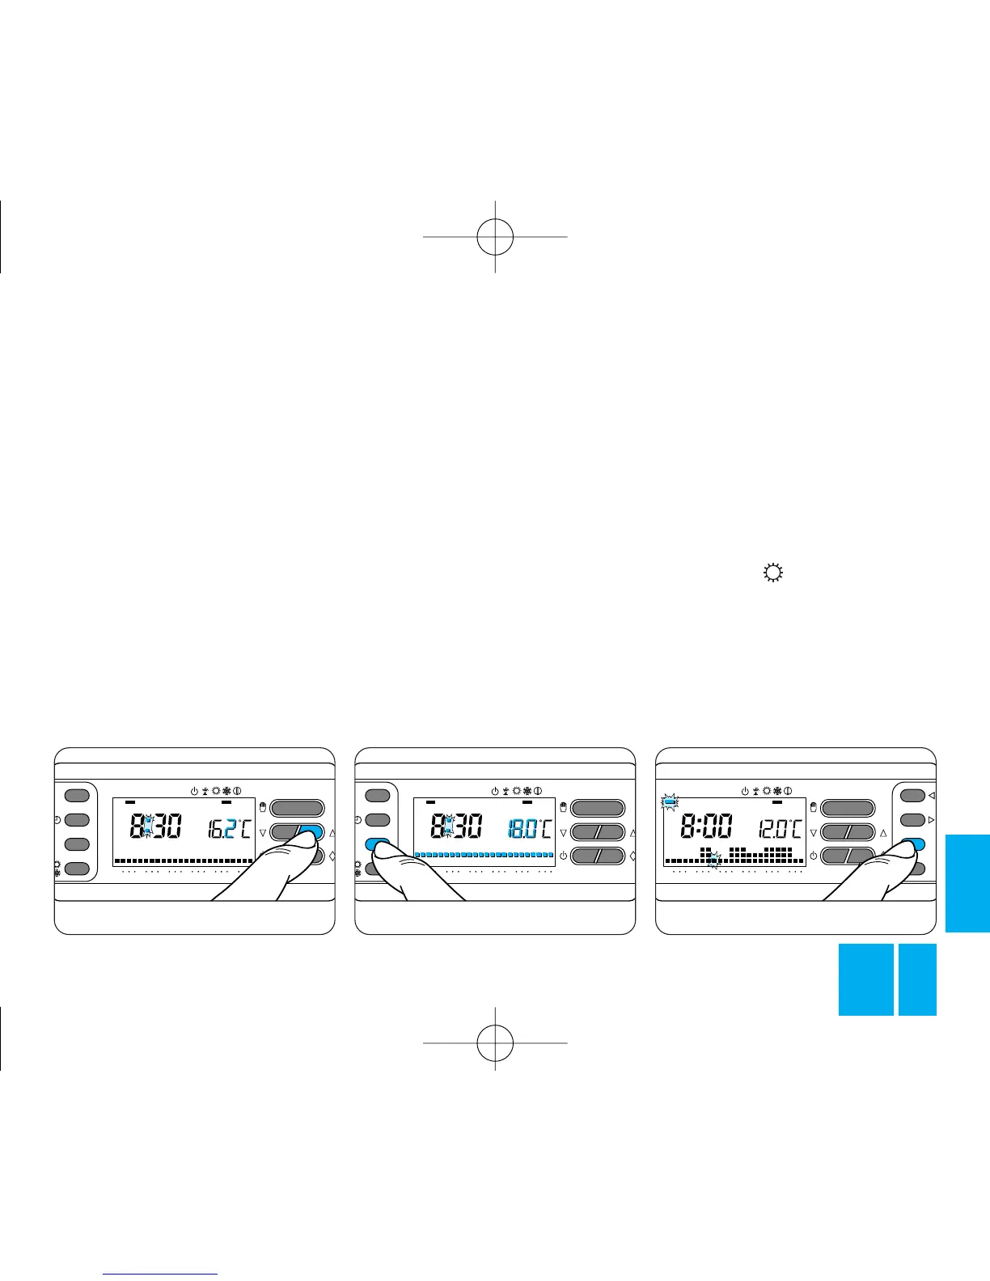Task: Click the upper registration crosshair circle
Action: click(495, 236)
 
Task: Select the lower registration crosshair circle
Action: click(495, 1042)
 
